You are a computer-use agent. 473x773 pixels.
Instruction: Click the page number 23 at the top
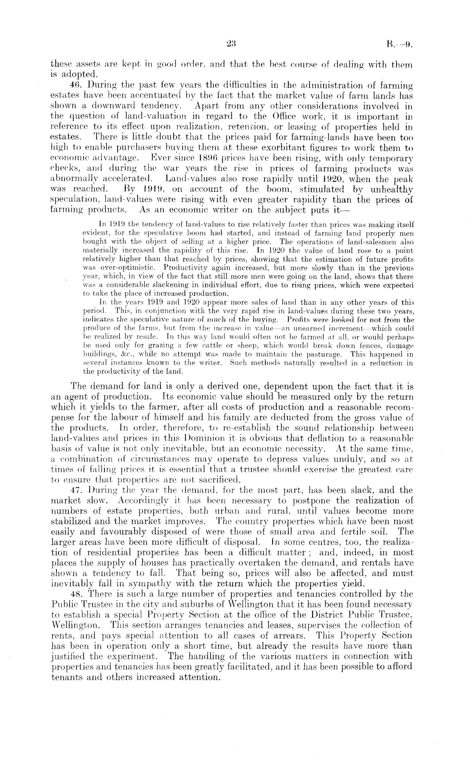(x=231, y=43)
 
